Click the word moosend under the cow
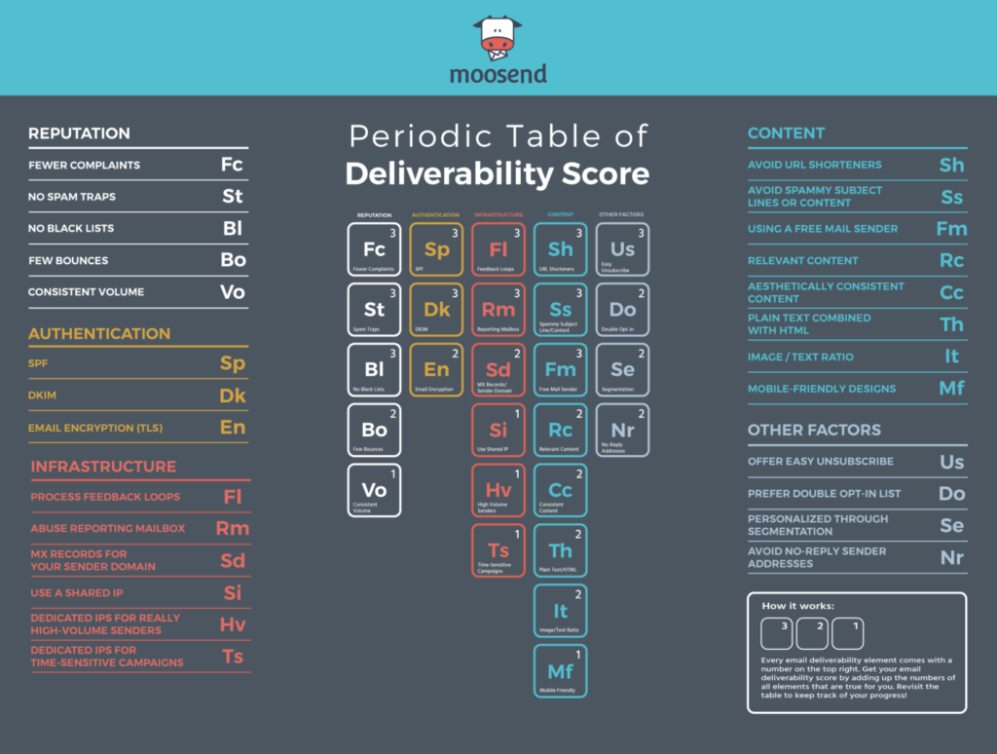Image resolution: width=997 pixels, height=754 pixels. (498, 74)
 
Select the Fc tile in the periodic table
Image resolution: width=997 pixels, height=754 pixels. (374, 250)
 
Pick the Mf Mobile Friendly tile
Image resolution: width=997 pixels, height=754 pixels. (560, 671)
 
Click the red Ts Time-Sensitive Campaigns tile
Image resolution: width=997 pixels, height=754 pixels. (498, 551)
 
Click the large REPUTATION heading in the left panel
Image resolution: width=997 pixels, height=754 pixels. (79, 133)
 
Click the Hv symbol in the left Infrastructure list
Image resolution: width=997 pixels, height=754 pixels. (232, 624)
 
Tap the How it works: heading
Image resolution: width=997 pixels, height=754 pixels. (797, 606)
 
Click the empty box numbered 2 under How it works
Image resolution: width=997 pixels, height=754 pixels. (812, 633)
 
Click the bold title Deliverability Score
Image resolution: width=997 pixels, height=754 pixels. (498, 173)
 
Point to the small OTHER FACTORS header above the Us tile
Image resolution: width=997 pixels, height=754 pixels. (621, 214)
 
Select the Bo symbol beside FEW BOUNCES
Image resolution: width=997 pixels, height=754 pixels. (233, 260)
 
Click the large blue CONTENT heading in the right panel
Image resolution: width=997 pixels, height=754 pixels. (786, 133)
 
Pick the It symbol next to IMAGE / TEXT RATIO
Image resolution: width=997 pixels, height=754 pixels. (951, 357)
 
